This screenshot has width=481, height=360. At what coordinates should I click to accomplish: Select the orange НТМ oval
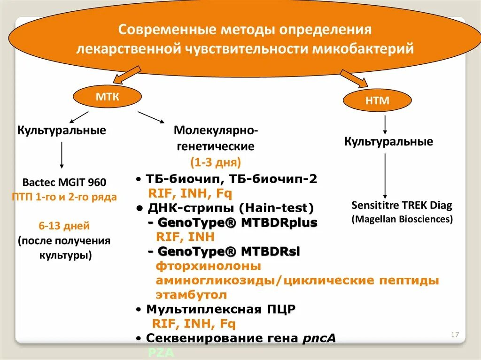click(x=377, y=100)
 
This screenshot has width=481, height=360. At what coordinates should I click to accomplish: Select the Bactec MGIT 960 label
click(x=64, y=182)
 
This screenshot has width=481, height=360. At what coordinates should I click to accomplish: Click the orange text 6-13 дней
click(x=64, y=226)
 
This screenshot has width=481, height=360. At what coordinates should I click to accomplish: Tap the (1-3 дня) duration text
click(x=216, y=162)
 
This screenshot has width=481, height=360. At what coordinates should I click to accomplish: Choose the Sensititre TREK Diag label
click(x=402, y=206)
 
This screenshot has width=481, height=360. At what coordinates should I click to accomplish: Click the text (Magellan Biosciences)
click(x=402, y=219)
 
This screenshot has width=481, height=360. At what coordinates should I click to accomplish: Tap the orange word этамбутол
click(x=192, y=295)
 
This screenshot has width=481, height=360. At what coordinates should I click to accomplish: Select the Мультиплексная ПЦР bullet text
click(x=221, y=309)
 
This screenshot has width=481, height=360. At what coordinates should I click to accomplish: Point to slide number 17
click(x=454, y=335)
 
